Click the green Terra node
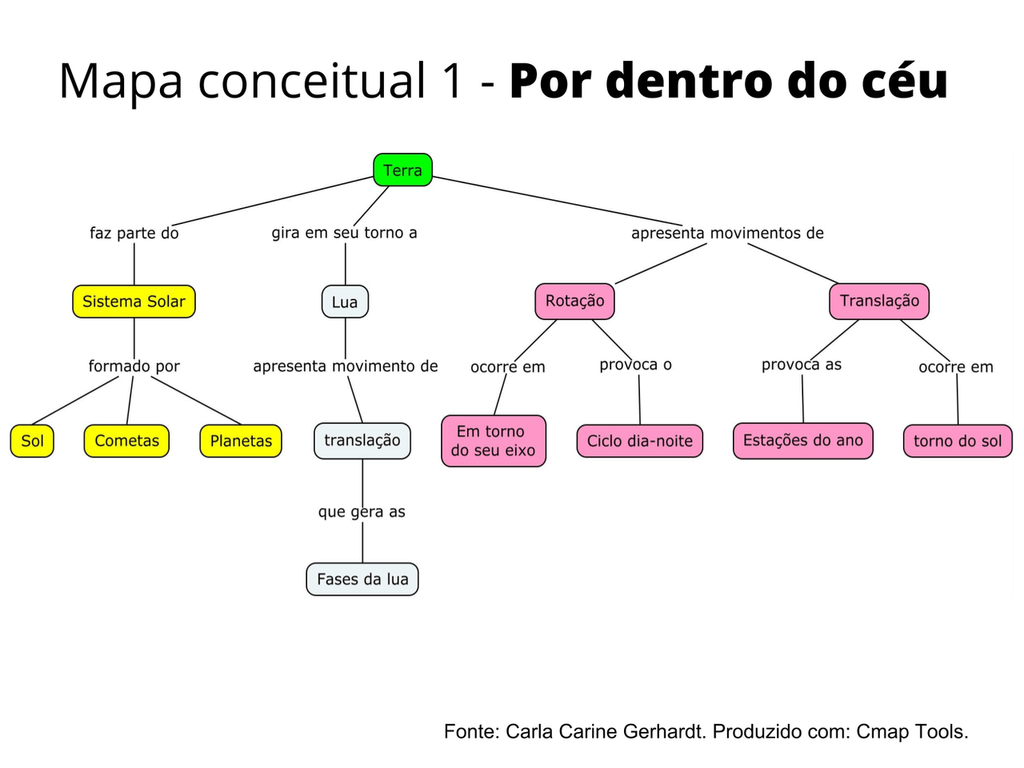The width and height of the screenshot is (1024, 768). tap(402, 170)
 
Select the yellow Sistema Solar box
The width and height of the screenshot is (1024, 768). tap(134, 302)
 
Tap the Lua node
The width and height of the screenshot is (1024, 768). tap(345, 302)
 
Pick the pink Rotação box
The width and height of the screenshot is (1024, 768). tap(574, 301)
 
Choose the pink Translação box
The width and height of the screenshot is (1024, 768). tap(879, 301)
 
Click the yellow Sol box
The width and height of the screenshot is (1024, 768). tap(32, 441)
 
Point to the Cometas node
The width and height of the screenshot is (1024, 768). tap(126, 441)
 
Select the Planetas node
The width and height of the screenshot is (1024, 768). tap(241, 441)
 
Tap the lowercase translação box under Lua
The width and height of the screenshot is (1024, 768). tap(362, 441)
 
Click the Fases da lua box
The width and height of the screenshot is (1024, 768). tap(362, 579)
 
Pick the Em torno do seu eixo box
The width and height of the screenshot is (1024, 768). tap(494, 441)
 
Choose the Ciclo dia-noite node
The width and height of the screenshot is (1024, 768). tap(639, 441)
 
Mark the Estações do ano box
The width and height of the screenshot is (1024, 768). tap(802, 441)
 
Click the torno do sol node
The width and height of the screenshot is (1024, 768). tap(958, 441)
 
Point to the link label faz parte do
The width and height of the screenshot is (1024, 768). tap(134, 233)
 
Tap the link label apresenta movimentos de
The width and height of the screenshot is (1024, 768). tap(727, 233)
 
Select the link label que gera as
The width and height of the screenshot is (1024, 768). tap(362, 512)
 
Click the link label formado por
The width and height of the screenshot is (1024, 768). tap(134, 366)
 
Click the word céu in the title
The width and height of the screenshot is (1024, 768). tap(905, 81)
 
